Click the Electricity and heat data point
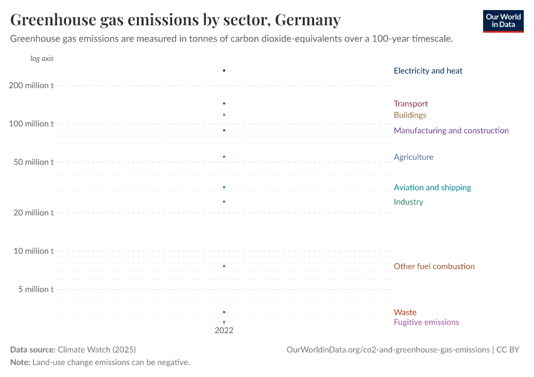pyautogui.click(x=224, y=70)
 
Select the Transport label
pyautogui.click(x=410, y=104)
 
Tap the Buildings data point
pyautogui.click(x=224, y=114)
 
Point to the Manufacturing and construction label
pyautogui.click(x=450, y=131)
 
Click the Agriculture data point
pyautogui.click(x=224, y=156)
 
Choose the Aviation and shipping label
pyautogui.click(x=432, y=187)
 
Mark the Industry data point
pyautogui.click(x=224, y=202)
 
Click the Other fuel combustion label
pyautogui.click(x=433, y=266)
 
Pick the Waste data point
pyautogui.click(x=224, y=312)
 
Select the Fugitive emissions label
pyautogui.click(x=426, y=322)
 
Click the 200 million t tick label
pyautogui.click(x=31, y=85)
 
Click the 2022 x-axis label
pyautogui.click(x=224, y=330)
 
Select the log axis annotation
pyautogui.click(x=42, y=58)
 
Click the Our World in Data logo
pyautogui.click(x=503, y=21)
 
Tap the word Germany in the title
pyautogui.click(x=307, y=20)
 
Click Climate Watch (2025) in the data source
pyautogui.click(x=96, y=349)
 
